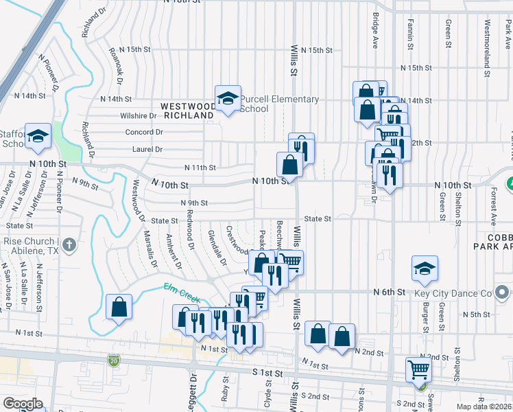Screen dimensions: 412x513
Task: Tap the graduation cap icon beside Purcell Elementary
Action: click(x=228, y=99)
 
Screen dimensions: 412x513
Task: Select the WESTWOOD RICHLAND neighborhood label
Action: click(x=187, y=111)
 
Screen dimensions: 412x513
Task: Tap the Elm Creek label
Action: click(x=182, y=293)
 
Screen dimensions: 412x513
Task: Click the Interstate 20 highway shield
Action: click(x=113, y=360)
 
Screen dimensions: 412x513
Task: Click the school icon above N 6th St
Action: click(x=425, y=270)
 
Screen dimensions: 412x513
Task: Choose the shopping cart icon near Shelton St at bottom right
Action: click(x=418, y=369)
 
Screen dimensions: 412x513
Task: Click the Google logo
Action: click(x=23, y=403)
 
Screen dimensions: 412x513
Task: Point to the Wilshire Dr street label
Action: click(x=139, y=116)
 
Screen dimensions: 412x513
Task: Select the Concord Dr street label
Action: click(x=144, y=132)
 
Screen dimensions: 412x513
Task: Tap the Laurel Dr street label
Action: click(x=147, y=149)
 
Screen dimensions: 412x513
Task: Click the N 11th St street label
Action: click(x=200, y=168)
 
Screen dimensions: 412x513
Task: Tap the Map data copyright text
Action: click(x=484, y=407)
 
